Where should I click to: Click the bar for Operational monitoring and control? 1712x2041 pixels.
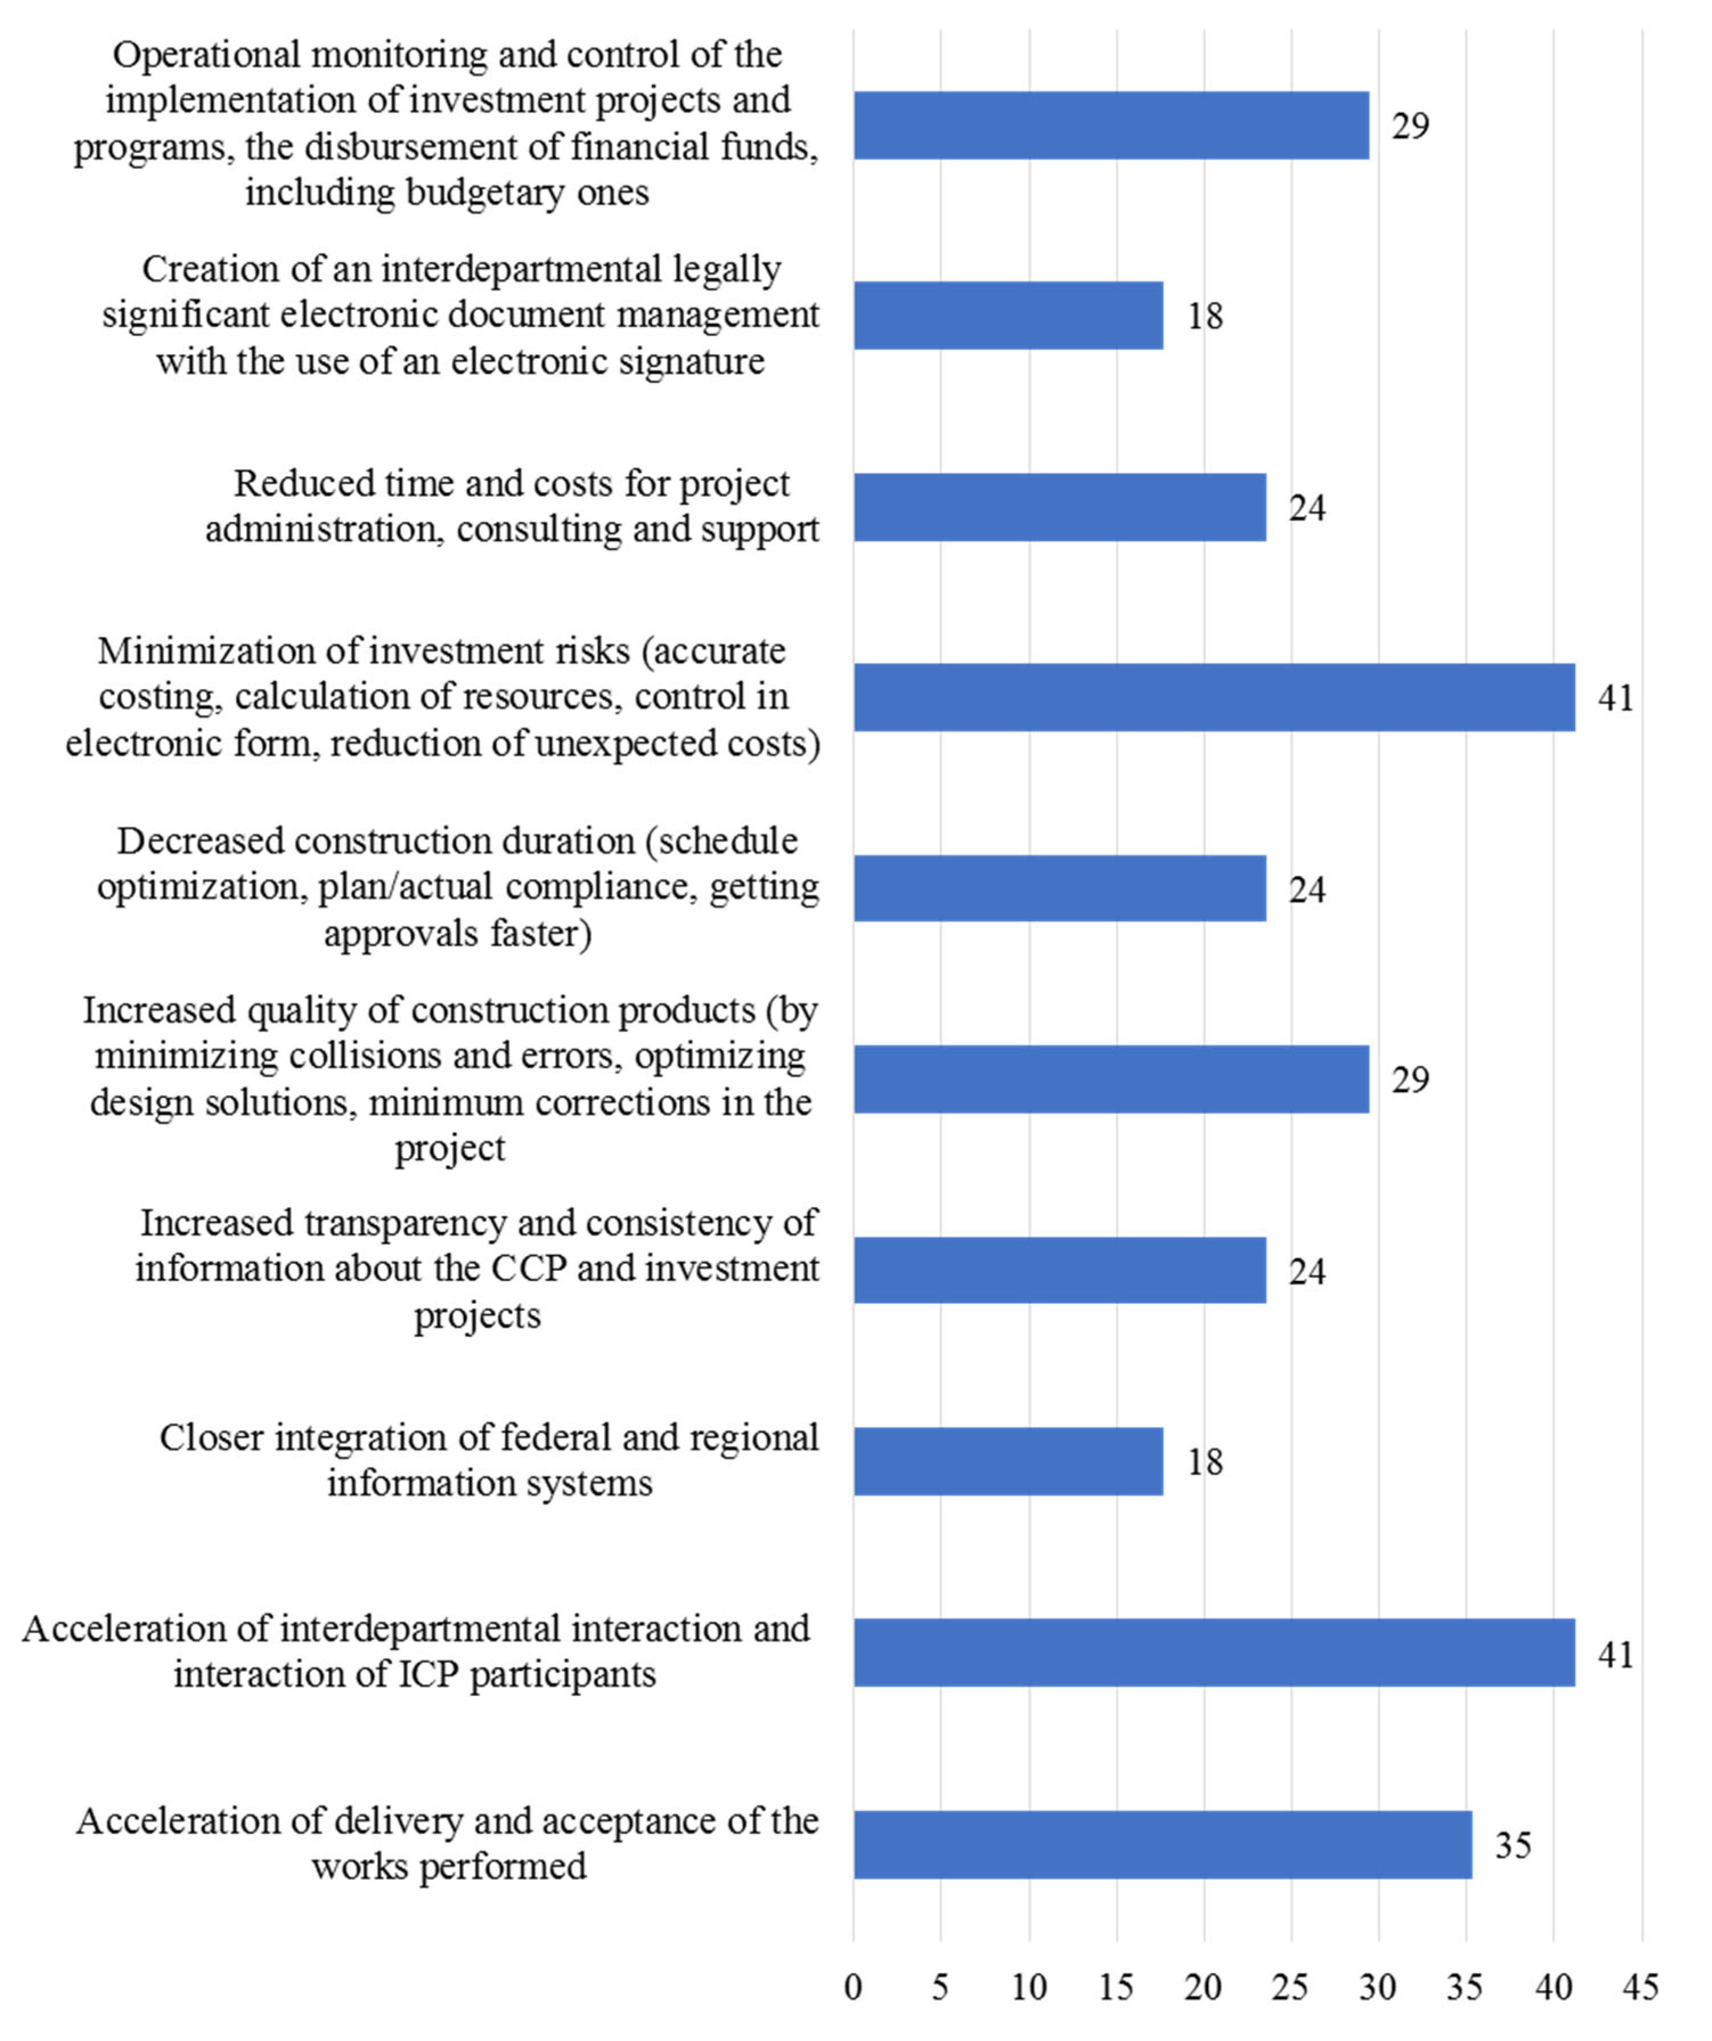pyautogui.click(x=1111, y=125)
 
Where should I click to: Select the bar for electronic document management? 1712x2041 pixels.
pyautogui.click(x=1008, y=316)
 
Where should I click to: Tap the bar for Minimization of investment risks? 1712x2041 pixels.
pyautogui.click(x=1214, y=698)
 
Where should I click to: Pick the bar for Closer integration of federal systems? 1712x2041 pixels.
pyautogui.click(x=1008, y=1462)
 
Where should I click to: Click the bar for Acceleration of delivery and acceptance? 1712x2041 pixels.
pyautogui.click(x=1163, y=1844)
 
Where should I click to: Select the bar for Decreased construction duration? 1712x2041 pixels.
pyautogui.click(x=1060, y=888)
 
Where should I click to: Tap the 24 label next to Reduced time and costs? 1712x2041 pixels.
pyautogui.click(x=1306, y=508)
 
